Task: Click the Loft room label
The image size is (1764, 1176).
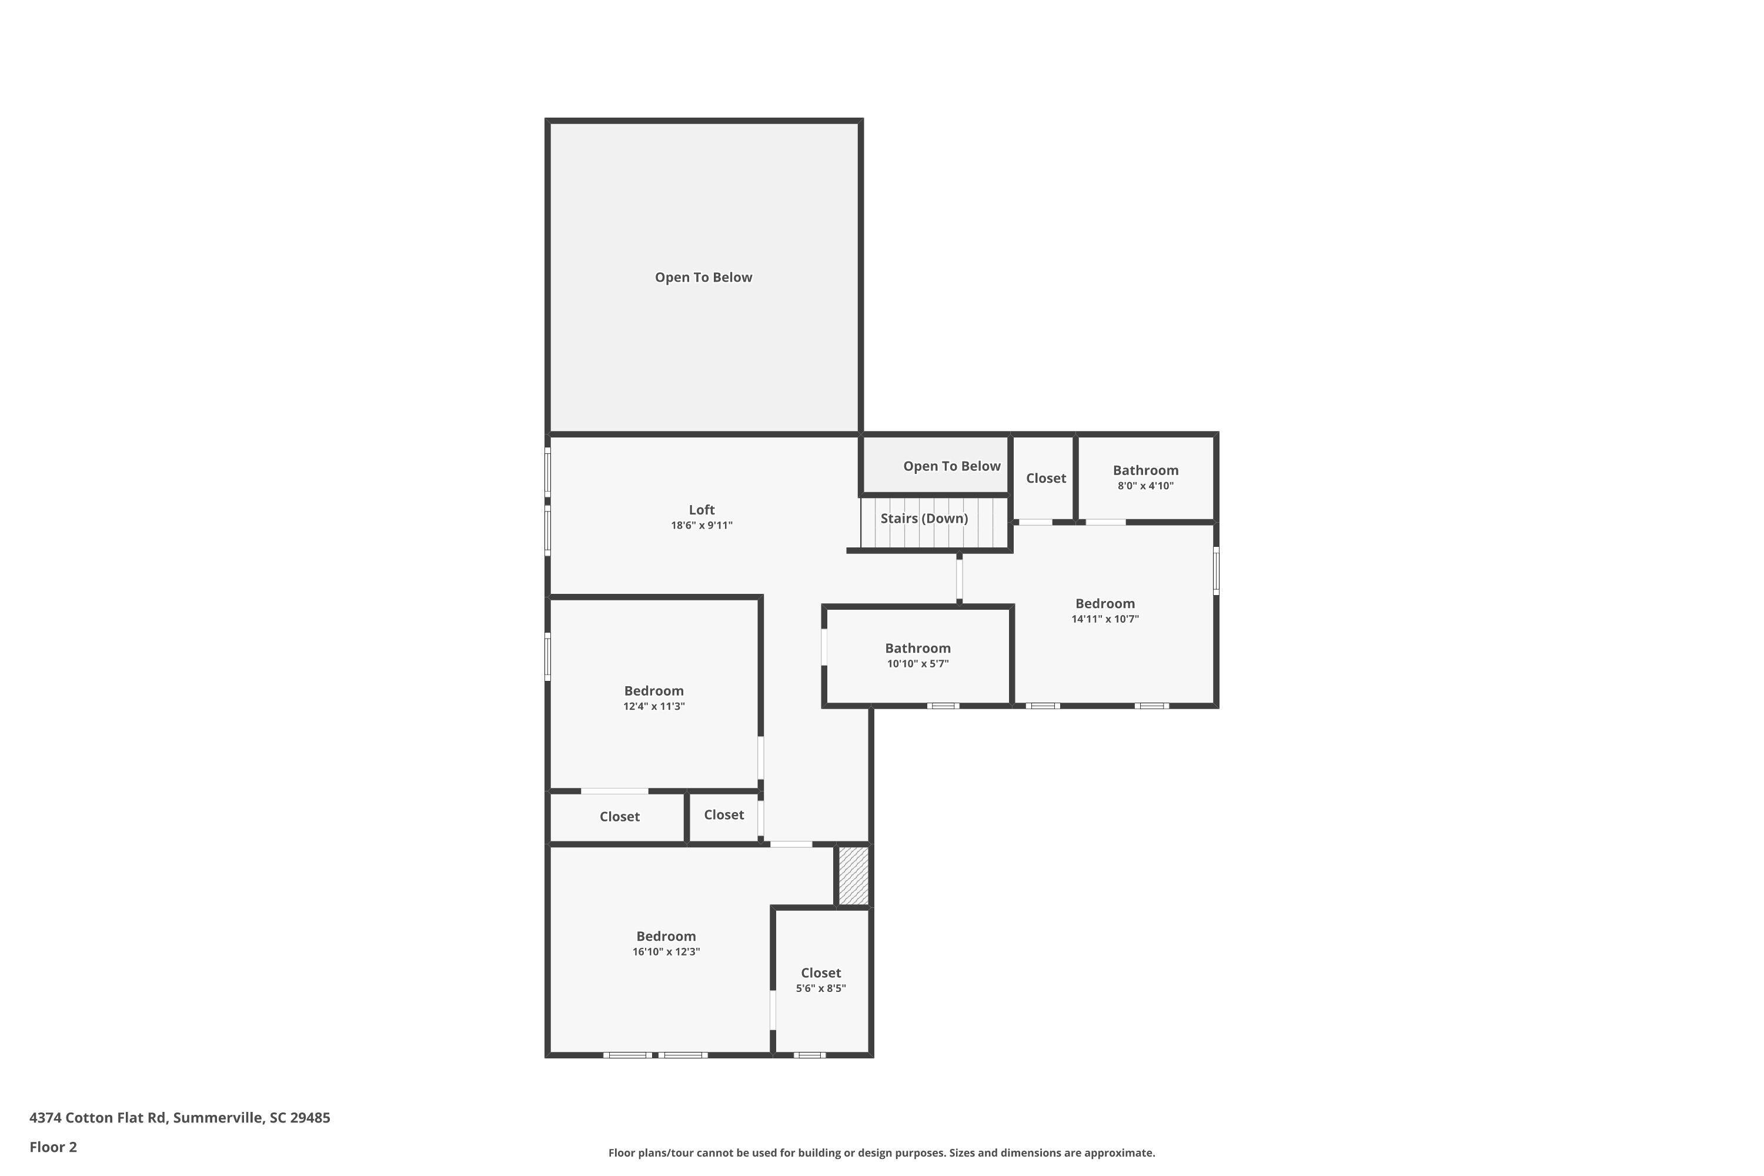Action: click(701, 510)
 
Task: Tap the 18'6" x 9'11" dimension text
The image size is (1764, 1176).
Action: click(701, 526)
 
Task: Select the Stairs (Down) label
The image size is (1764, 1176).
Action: click(924, 518)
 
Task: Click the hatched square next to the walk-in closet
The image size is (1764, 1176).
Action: click(853, 876)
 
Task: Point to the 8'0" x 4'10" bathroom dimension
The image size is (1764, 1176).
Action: click(1145, 486)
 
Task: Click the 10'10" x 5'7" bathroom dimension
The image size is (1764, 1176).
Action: click(917, 664)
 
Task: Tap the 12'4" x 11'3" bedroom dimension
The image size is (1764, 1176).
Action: click(653, 707)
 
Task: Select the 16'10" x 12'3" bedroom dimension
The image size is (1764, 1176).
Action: click(666, 952)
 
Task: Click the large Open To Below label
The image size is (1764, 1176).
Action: click(703, 278)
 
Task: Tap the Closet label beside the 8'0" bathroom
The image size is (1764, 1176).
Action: click(1045, 479)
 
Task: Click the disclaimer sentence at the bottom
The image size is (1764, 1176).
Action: click(881, 1152)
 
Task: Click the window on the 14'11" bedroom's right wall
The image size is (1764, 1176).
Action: click(1216, 571)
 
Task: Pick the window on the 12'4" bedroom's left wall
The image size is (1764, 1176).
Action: click(547, 657)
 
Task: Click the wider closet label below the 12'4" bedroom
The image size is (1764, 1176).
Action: click(620, 817)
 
